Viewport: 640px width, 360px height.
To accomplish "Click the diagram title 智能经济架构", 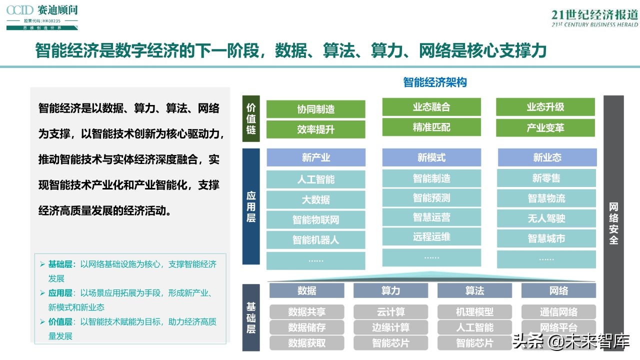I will pos(435,82).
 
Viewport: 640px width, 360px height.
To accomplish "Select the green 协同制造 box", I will pos(315,109).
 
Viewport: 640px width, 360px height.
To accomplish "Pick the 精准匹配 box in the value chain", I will pos(431,127).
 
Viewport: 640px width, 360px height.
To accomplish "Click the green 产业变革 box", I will pos(545,128).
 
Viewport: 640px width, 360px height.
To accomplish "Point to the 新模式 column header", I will pos(431,157).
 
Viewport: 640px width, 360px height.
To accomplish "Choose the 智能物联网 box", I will pos(315,220).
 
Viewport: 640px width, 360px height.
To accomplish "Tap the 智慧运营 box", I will pos(431,217).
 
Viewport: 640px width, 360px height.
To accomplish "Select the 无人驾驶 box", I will pos(546,218).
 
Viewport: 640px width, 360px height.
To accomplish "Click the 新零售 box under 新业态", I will pos(546,178).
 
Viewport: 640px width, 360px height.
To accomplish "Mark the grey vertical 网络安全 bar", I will pos(613,222).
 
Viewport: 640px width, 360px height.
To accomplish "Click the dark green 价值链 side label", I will pos(251,118).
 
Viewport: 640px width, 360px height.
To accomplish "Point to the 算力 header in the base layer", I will pos(390,290).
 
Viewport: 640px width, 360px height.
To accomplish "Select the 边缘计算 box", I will pos(390,327).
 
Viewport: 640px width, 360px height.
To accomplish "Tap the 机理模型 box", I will pos(474,312).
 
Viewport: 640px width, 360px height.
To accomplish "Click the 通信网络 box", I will pos(558,312).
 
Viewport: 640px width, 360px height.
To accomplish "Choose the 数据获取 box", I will pos(306,343).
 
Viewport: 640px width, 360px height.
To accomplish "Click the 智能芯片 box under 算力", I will pos(390,343).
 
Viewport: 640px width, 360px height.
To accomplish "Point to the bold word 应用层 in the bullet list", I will pos(60,293).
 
